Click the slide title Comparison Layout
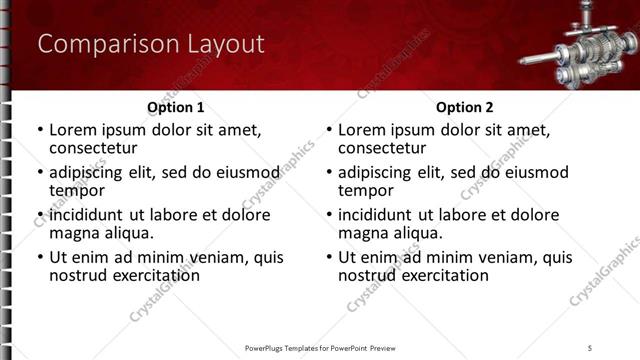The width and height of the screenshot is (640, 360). [150, 45]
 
